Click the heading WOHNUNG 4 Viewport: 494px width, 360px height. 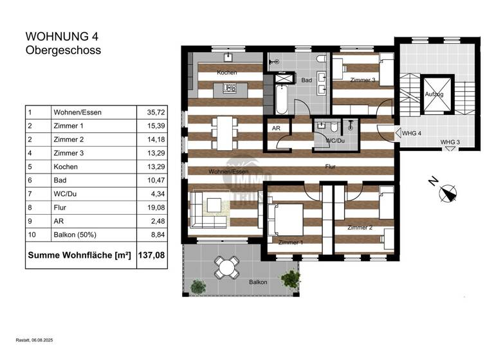(62, 37)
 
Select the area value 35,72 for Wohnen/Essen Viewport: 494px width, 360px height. (148, 113)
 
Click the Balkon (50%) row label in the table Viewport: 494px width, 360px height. (71, 235)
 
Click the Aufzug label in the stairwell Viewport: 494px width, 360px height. (435, 94)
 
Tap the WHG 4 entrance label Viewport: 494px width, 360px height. (412, 133)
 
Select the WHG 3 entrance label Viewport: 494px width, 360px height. (450, 142)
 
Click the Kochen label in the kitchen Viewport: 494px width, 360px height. (226, 73)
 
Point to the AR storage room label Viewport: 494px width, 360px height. (277, 129)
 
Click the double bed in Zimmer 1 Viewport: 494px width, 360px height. (286, 219)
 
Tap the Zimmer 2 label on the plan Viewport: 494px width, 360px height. (360, 228)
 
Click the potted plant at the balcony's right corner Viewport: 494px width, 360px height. (291, 278)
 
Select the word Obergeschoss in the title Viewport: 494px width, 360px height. (63, 50)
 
